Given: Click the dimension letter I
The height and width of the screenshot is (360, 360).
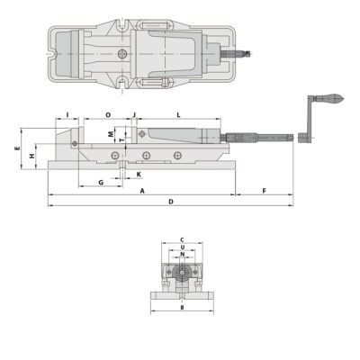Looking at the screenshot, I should pyautogui.click(x=67, y=115).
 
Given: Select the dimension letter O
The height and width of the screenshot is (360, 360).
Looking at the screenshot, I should pyautogui.click(x=107, y=115).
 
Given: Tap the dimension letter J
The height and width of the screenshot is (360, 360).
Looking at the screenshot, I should pyautogui.click(x=133, y=115).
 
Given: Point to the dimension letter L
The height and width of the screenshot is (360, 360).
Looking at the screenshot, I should pyautogui.click(x=179, y=115).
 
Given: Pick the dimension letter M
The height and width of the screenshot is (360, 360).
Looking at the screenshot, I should pyautogui.click(x=112, y=134).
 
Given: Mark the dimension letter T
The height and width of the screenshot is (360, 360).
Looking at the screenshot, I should pyautogui.click(x=122, y=141).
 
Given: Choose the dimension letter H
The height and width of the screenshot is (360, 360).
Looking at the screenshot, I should pyautogui.click(x=31, y=156).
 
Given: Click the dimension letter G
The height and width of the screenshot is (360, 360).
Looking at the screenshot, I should pyautogui.click(x=100, y=182).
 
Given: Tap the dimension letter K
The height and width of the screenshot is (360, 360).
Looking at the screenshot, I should pyautogui.click(x=138, y=173).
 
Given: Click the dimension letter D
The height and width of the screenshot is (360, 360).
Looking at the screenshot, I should pyautogui.click(x=170, y=202).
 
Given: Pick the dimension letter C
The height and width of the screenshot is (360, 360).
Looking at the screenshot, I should pyautogui.click(x=182, y=238).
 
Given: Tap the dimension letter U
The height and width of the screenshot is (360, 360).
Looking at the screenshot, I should pyautogui.click(x=182, y=246).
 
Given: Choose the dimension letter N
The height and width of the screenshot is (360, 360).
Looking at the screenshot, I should pyautogui.click(x=182, y=253).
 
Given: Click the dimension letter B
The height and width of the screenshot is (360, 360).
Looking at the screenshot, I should pyautogui.click(x=182, y=308).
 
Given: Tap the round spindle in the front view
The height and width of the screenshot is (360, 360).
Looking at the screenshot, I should pyautogui.click(x=182, y=271).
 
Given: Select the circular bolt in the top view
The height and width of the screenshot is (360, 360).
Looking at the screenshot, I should pyautogui.click(x=121, y=56).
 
